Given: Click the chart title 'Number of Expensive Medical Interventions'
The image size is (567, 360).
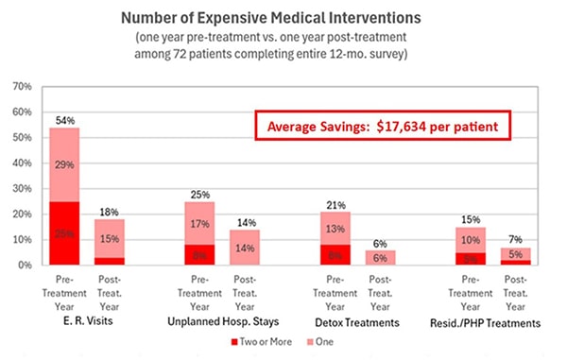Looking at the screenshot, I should pos(283,16).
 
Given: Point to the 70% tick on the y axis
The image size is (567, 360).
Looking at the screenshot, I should pos(20,86).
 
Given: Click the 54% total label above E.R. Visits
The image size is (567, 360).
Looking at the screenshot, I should pos(64,119).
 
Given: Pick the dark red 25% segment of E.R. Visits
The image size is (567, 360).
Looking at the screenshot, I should pos(64,233).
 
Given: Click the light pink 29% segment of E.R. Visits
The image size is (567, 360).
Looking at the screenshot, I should pos(64,164).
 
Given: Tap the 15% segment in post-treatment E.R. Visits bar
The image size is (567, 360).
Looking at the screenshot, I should pos(110,238).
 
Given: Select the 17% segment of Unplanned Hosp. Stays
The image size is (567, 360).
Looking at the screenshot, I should pos(199,224).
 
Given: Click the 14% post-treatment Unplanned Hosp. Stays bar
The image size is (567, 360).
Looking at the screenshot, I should pos(245,248).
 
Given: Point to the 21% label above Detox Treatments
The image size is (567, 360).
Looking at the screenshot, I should pos(335,203).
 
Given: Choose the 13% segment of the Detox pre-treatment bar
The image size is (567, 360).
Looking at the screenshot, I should pos(335,228).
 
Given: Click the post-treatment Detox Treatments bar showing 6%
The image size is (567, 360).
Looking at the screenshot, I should pos(380,258).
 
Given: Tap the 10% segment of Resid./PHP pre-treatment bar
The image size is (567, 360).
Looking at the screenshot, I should pos(470,240).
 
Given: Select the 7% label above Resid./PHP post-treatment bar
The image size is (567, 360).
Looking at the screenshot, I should pos(515,239).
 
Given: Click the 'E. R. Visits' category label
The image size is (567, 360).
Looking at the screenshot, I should pos(87,322).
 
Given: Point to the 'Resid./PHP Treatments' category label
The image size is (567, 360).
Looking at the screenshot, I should pos(492,322).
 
